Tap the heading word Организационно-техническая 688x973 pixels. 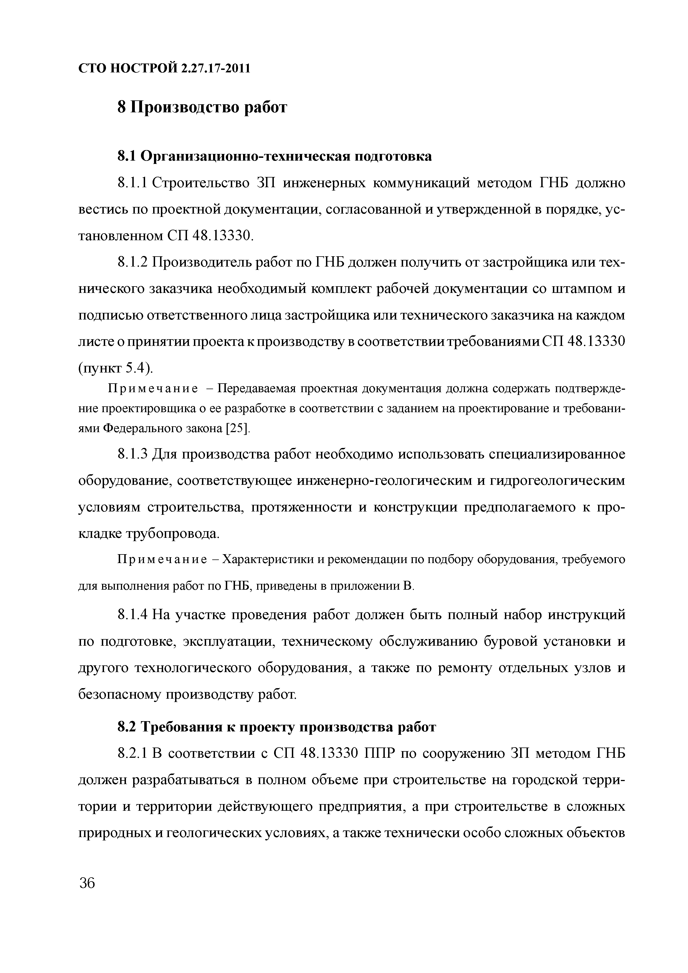tap(245, 156)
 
